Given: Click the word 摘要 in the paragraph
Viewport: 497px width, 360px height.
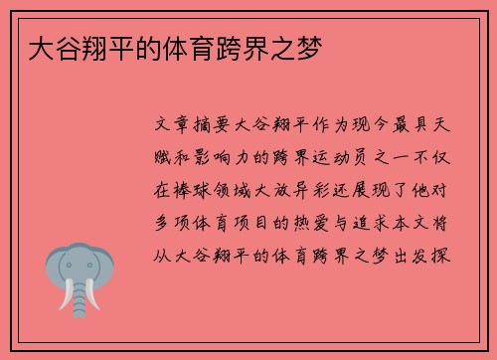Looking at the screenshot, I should [x=209, y=130].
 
